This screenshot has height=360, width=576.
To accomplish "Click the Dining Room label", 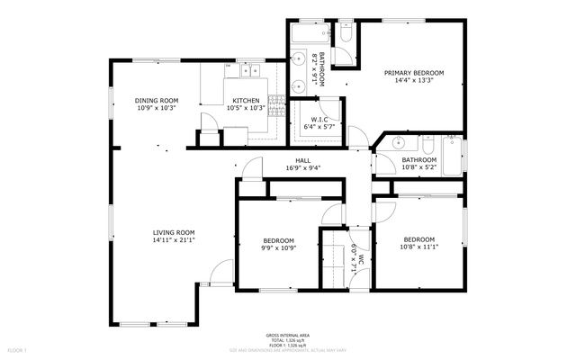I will pos(157,100).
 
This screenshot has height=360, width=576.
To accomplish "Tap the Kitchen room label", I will pos(246,100).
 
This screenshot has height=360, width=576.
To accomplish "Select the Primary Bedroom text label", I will pos(414,73).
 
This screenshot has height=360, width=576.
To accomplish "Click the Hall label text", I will pos(302,159).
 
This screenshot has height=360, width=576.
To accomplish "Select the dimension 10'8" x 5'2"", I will pos(418,166).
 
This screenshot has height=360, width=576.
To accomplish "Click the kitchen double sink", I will pos(247,68).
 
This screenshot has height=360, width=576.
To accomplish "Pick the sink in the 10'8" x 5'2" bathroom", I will pos(398,143).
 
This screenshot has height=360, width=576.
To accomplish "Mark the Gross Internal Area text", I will pos(286,332).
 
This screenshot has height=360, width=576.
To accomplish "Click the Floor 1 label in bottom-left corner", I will pos(17,349).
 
